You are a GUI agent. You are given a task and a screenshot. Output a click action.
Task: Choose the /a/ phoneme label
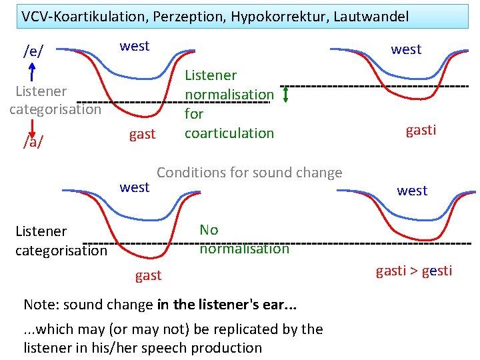coord(32,141)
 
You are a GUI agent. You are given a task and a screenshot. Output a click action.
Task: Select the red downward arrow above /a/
coord(32,122)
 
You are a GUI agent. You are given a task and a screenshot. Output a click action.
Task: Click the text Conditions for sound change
coord(249,173)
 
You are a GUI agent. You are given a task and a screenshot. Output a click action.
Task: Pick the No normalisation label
coord(244,239)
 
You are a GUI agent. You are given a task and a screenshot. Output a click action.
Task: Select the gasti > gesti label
coord(414,271)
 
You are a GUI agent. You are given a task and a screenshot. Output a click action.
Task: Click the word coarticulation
coord(229,133)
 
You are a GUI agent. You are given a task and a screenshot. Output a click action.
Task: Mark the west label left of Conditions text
coord(135,187)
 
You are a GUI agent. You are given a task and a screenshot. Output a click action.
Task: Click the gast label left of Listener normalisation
coord(142,134)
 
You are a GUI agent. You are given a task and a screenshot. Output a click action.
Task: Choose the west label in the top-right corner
coord(406,49)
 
